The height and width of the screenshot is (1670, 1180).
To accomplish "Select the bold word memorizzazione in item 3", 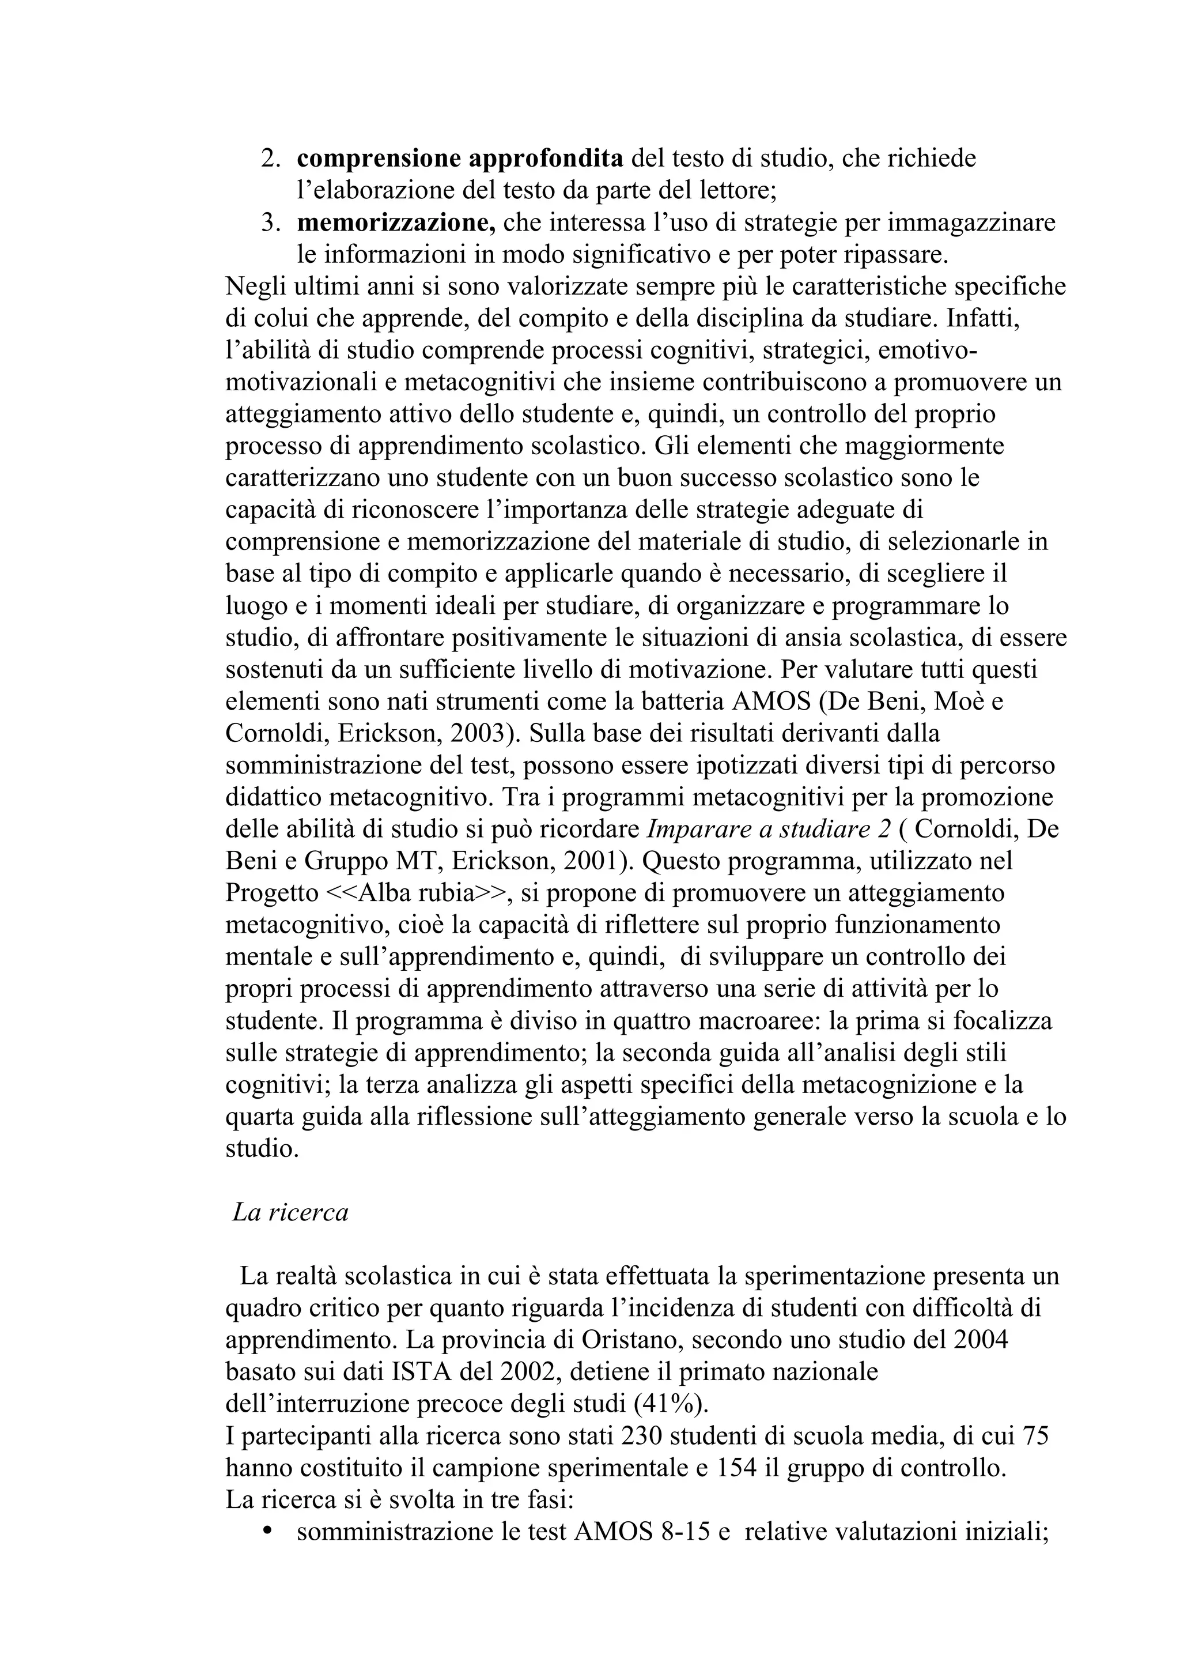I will (396, 222).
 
